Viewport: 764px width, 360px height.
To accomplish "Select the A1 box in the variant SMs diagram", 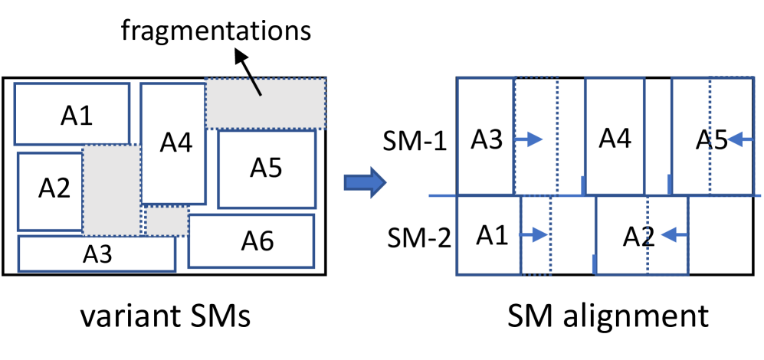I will pyautogui.click(x=72, y=114).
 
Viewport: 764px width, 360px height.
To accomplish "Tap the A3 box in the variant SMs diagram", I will pyautogui.click(x=97, y=254).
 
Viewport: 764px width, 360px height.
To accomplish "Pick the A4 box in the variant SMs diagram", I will pyautogui.click(x=173, y=142).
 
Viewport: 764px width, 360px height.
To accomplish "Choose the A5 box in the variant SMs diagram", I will pyautogui.click(x=267, y=169).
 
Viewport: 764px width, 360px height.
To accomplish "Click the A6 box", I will pyautogui.click(x=251, y=241).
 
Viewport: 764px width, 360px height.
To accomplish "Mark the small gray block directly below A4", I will pyautogui.click(x=167, y=221).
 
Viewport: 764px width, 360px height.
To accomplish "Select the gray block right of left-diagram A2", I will pyautogui.click(x=112, y=191).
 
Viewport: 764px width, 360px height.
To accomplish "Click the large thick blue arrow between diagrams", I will pyautogui.click(x=362, y=182).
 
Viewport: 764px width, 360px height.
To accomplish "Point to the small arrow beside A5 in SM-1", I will pyautogui.click(x=740, y=139).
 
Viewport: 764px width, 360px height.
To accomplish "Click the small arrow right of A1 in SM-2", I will pyautogui.click(x=534, y=234).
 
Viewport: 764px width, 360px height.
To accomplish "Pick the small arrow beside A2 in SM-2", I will pyautogui.click(x=674, y=237).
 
